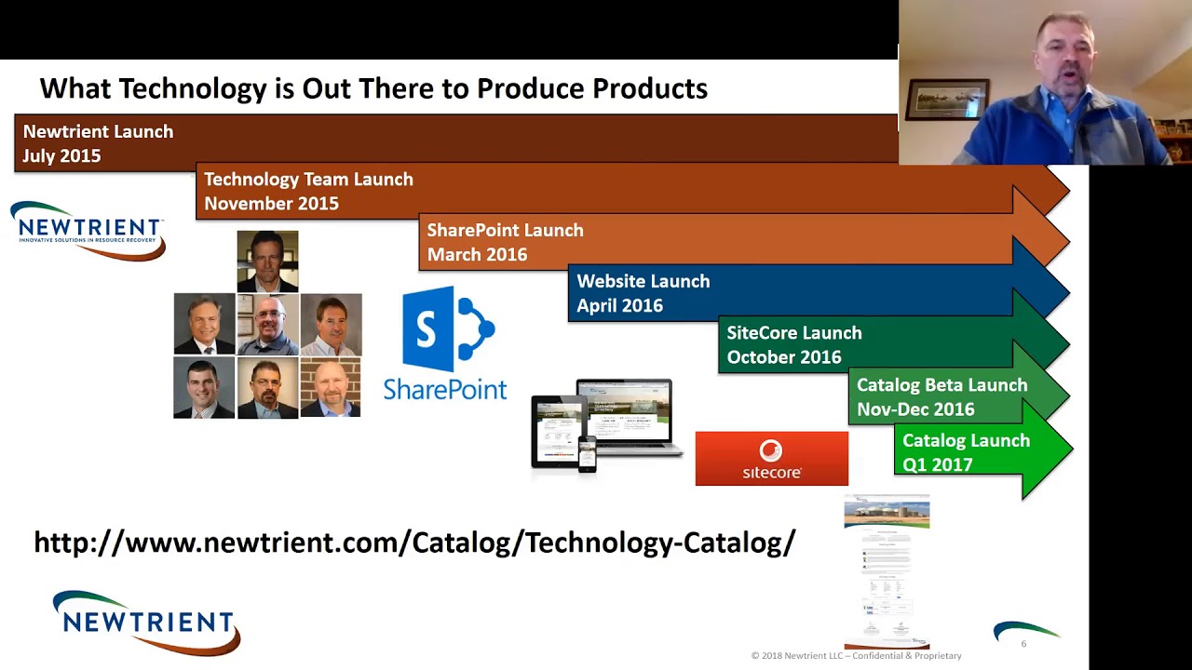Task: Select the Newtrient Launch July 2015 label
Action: (98, 143)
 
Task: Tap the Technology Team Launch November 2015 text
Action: (308, 191)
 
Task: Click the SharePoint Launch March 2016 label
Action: (505, 242)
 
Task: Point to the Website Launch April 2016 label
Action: (643, 293)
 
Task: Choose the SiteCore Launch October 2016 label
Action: (793, 344)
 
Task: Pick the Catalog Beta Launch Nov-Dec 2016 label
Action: (941, 396)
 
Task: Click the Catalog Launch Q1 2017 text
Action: (966, 452)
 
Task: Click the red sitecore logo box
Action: (771, 459)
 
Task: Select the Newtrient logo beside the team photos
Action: (88, 230)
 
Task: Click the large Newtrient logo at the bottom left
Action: (146, 622)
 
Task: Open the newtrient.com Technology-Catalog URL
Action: (414, 543)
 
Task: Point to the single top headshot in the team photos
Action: (267, 261)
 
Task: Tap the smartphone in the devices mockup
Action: (587, 454)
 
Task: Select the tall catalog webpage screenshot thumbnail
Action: (887, 572)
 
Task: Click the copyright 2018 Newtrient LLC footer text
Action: (856, 656)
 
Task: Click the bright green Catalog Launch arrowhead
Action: (1047, 450)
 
